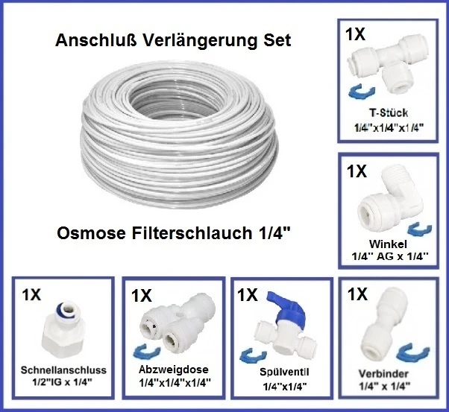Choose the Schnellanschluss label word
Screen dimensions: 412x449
tap(63, 369)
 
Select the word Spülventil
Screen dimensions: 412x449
tap(282, 372)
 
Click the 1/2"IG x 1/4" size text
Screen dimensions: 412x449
tap(63, 382)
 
